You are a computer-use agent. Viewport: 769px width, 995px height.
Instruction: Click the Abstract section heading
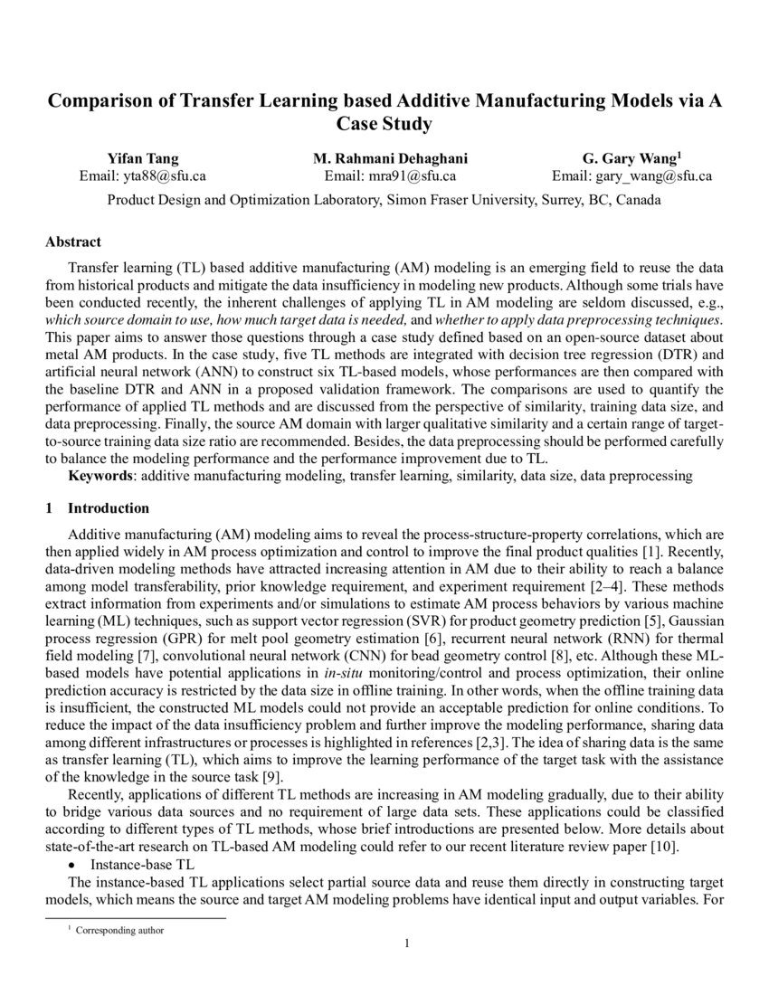[x=73, y=242]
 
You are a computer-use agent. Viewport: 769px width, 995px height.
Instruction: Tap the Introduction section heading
[x=109, y=508]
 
